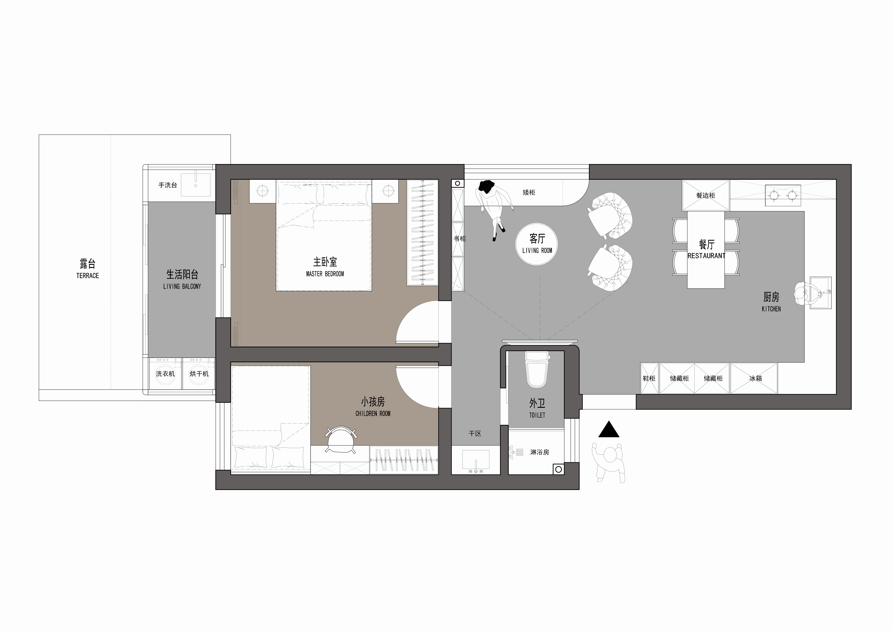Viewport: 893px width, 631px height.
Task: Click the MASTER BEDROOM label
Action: (x=325, y=274)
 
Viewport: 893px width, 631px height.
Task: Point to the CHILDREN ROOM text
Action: (x=373, y=414)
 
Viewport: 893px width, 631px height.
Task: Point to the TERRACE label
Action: (x=87, y=276)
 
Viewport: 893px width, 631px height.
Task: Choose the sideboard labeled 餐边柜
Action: (x=706, y=195)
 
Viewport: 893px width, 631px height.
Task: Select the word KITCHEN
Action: (x=771, y=309)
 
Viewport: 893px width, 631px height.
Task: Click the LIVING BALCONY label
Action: (x=182, y=287)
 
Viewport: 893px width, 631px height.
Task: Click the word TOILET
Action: (x=537, y=415)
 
